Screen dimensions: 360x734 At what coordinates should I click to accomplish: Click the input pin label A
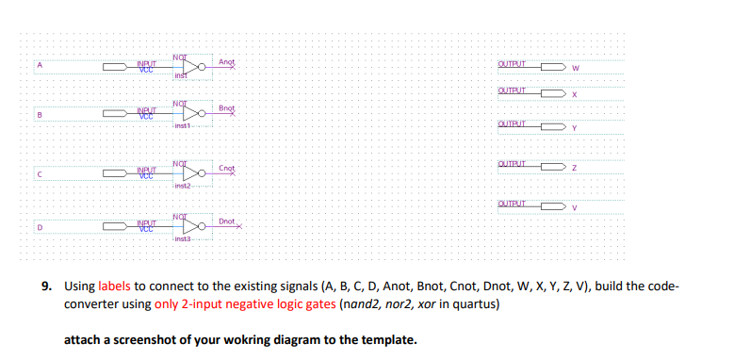click(40, 65)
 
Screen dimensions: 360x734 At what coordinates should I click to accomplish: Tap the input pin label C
click(40, 173)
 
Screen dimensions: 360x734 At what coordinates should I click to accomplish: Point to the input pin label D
click(40, 226)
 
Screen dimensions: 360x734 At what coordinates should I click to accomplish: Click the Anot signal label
click(226, 61)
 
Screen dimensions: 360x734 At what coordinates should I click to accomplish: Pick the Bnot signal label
click(226, 108)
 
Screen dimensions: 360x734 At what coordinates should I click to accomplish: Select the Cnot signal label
click(226, 168)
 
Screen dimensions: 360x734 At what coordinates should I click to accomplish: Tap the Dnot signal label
click(226, 221)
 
